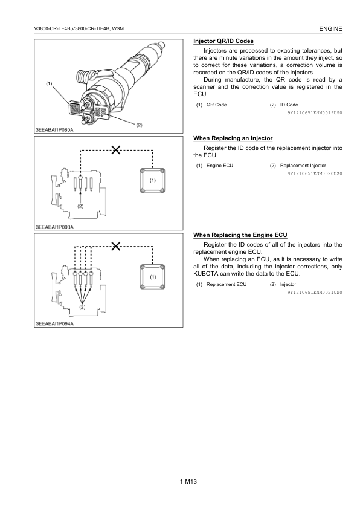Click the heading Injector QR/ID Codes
(x=223, y=41)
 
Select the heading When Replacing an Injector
(x=233, y=138)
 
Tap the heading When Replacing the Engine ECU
(x=240, y=235)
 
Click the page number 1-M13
(x=188, y=481)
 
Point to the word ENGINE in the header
(x=330, y=29)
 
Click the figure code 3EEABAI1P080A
(x=54, y=130)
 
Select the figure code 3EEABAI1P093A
(x=54, y=227)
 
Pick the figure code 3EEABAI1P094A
(x=54, y=323)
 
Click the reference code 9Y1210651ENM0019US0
(x=315, y=113)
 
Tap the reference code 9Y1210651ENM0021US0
(x=315, y=293)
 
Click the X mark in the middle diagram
(x=116, y=150)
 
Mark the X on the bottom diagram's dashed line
(x=116, y=247)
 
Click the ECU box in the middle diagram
(x=152, y=181)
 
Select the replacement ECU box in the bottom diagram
(x=152, y=277)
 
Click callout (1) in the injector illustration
(x=49, y=84)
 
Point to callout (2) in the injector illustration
(x=139, y=125)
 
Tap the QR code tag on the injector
(x=75, y=108)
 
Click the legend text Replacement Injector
(x=303, y=166)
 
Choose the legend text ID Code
(x=289, y=105)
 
